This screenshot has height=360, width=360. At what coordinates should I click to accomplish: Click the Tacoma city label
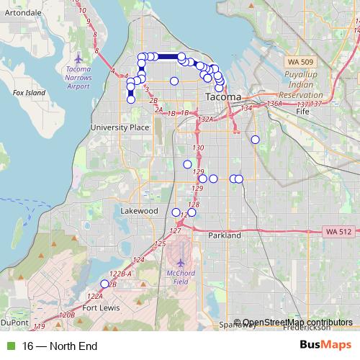coord(222,96)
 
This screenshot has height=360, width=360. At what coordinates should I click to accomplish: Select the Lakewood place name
coord(138,211)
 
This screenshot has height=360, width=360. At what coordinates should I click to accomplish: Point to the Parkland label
coord(222,235)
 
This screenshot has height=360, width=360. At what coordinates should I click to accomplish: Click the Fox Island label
coord(29,93)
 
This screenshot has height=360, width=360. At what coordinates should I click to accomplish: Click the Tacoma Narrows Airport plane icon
coord(78,56)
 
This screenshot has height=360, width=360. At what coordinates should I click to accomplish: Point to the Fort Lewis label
coord(99,308)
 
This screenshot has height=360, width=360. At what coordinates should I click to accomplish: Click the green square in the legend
coord(9,346)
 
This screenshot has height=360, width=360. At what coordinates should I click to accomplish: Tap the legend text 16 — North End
coord(60,346)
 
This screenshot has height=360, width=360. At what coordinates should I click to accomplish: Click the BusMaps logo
coord(326,346)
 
